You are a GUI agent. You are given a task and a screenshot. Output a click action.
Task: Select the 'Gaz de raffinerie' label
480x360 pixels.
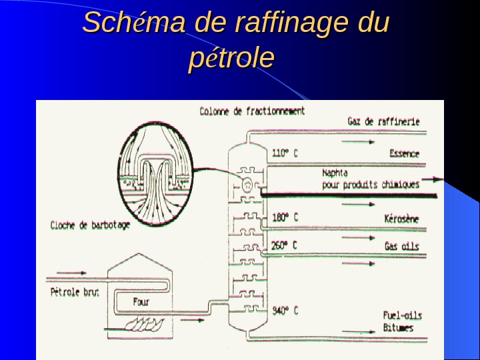(x=383, y=121)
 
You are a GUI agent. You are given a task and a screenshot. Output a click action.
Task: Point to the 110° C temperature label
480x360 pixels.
(x=285, y=153)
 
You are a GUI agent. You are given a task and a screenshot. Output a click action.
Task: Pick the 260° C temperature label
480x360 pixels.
(x=285, y=245)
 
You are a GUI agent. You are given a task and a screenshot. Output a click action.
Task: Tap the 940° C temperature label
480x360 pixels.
(x=285, y=311)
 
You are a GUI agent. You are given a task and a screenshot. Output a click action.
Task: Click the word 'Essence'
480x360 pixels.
(x=404, y=154)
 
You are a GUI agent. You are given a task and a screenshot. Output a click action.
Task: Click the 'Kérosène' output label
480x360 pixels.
(x=402, y=218)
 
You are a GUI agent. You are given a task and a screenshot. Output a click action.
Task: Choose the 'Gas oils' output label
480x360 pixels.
(x=401, y=246)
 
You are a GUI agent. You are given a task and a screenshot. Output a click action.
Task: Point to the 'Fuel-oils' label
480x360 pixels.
(x=402, y=315)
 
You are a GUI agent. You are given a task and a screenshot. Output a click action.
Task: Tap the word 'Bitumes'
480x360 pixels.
(x=398, y=328)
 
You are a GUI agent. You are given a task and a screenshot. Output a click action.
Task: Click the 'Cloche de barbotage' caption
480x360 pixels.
(x=90, y=225)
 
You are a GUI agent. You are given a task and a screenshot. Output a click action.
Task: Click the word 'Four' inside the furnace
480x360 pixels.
(x=141, y=301)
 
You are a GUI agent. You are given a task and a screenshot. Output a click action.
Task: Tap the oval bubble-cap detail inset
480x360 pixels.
(x=154, y=175)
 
